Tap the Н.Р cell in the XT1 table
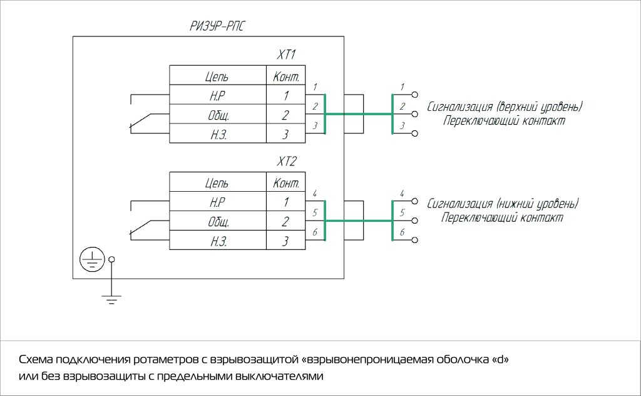coord(217,96)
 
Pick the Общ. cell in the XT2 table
coord(217,222)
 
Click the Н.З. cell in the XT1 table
coord(217,134)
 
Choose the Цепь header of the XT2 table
coord(217,184)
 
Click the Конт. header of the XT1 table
coord(285,77)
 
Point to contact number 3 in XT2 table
coord(285,241)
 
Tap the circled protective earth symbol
coord(92,259)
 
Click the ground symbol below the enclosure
coord(111,300)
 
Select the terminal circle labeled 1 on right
coord(414,95)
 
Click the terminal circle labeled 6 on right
coord(414,241)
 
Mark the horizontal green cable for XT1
coord(358,115)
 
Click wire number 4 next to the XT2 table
coord(315,193)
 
